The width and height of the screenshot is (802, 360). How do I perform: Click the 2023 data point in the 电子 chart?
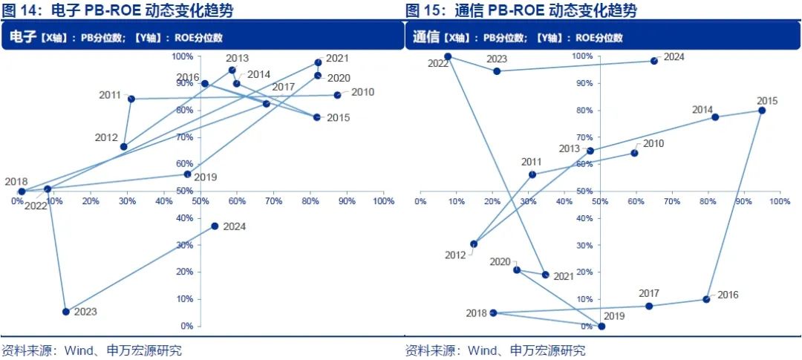pos(66,312)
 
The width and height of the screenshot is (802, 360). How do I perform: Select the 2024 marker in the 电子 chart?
pos(215,226)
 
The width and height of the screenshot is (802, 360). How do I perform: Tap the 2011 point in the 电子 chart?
pos(131,99)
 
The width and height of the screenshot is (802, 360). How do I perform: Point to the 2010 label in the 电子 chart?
pos(362,92)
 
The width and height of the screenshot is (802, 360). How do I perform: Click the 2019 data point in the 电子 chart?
pos(187,174)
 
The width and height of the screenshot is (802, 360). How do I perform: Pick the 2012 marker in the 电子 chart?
pos(123,147)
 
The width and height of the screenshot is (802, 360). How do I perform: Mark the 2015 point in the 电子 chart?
pos(317,117)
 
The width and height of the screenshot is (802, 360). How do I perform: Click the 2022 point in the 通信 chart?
pos(448,56)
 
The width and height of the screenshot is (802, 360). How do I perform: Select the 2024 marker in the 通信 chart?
pos(654,61)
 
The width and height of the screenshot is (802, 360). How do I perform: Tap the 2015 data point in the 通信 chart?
pos(762,111)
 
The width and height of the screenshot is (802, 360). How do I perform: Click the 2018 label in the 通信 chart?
pos(476,313)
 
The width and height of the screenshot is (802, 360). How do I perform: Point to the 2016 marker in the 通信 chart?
pos(706,299)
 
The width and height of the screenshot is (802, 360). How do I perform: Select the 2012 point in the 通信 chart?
pos(474,243)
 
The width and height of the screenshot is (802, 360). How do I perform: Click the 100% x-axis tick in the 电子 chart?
pos(382,201)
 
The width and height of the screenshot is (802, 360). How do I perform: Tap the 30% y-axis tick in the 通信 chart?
pos(585,245)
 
